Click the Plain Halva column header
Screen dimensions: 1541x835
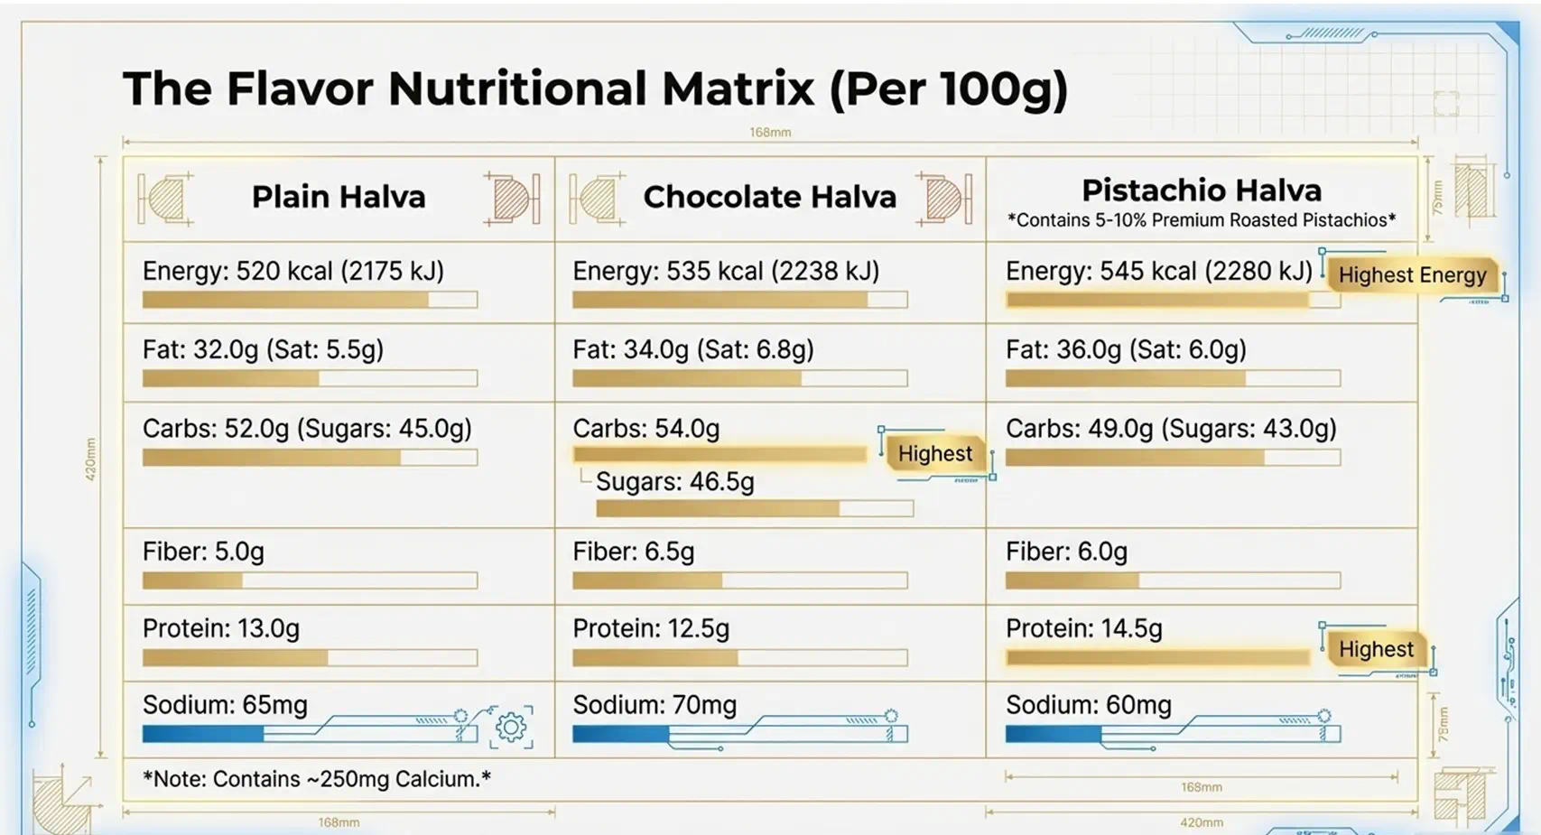(339, 198)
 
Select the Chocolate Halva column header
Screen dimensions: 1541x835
(770, 198)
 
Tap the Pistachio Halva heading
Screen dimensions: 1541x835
(1202, 190)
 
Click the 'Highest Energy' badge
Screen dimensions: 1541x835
(1412, 275)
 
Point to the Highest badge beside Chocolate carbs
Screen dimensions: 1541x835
(935, 453)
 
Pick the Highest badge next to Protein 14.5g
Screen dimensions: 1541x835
(1376, 649)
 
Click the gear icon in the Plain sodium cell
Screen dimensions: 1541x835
(511, 727)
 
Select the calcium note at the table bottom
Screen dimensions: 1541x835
(317, 779)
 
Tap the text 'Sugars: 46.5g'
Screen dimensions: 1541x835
(675, 481)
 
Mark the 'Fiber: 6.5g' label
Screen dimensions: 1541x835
(634, 552)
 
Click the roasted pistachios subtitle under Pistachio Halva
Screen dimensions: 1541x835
(1202, 220)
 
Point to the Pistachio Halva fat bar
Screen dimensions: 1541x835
(1173, 378)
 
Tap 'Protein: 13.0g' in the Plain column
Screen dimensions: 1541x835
(221, 628)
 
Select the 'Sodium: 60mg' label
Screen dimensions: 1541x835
(1089, 705)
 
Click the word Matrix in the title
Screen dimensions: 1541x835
(738, 88)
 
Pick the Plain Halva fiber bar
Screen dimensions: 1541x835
(310, 581)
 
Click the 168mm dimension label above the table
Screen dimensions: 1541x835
(770, 132)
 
